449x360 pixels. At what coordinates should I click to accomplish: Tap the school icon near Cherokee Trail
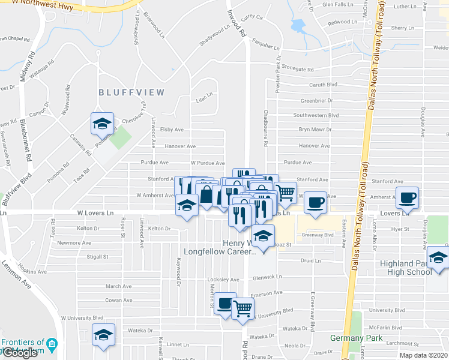(x=101, y=124)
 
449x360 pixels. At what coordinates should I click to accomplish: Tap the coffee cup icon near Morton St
(x=225, y=304)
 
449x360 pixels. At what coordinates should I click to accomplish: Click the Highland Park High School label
(x=406, y=268)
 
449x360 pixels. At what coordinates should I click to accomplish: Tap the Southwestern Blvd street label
(x=316, y=115)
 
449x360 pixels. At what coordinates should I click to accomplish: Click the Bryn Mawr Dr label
(x=315, y=130)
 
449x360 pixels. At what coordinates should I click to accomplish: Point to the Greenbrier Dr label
(x=316, y=100)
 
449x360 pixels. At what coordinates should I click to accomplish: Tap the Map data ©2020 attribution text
(x=424, y=355)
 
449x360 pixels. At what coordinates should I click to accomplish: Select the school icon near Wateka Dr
(x=103, y=335)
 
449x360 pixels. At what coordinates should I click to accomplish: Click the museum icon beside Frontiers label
(x=52, y=344)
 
